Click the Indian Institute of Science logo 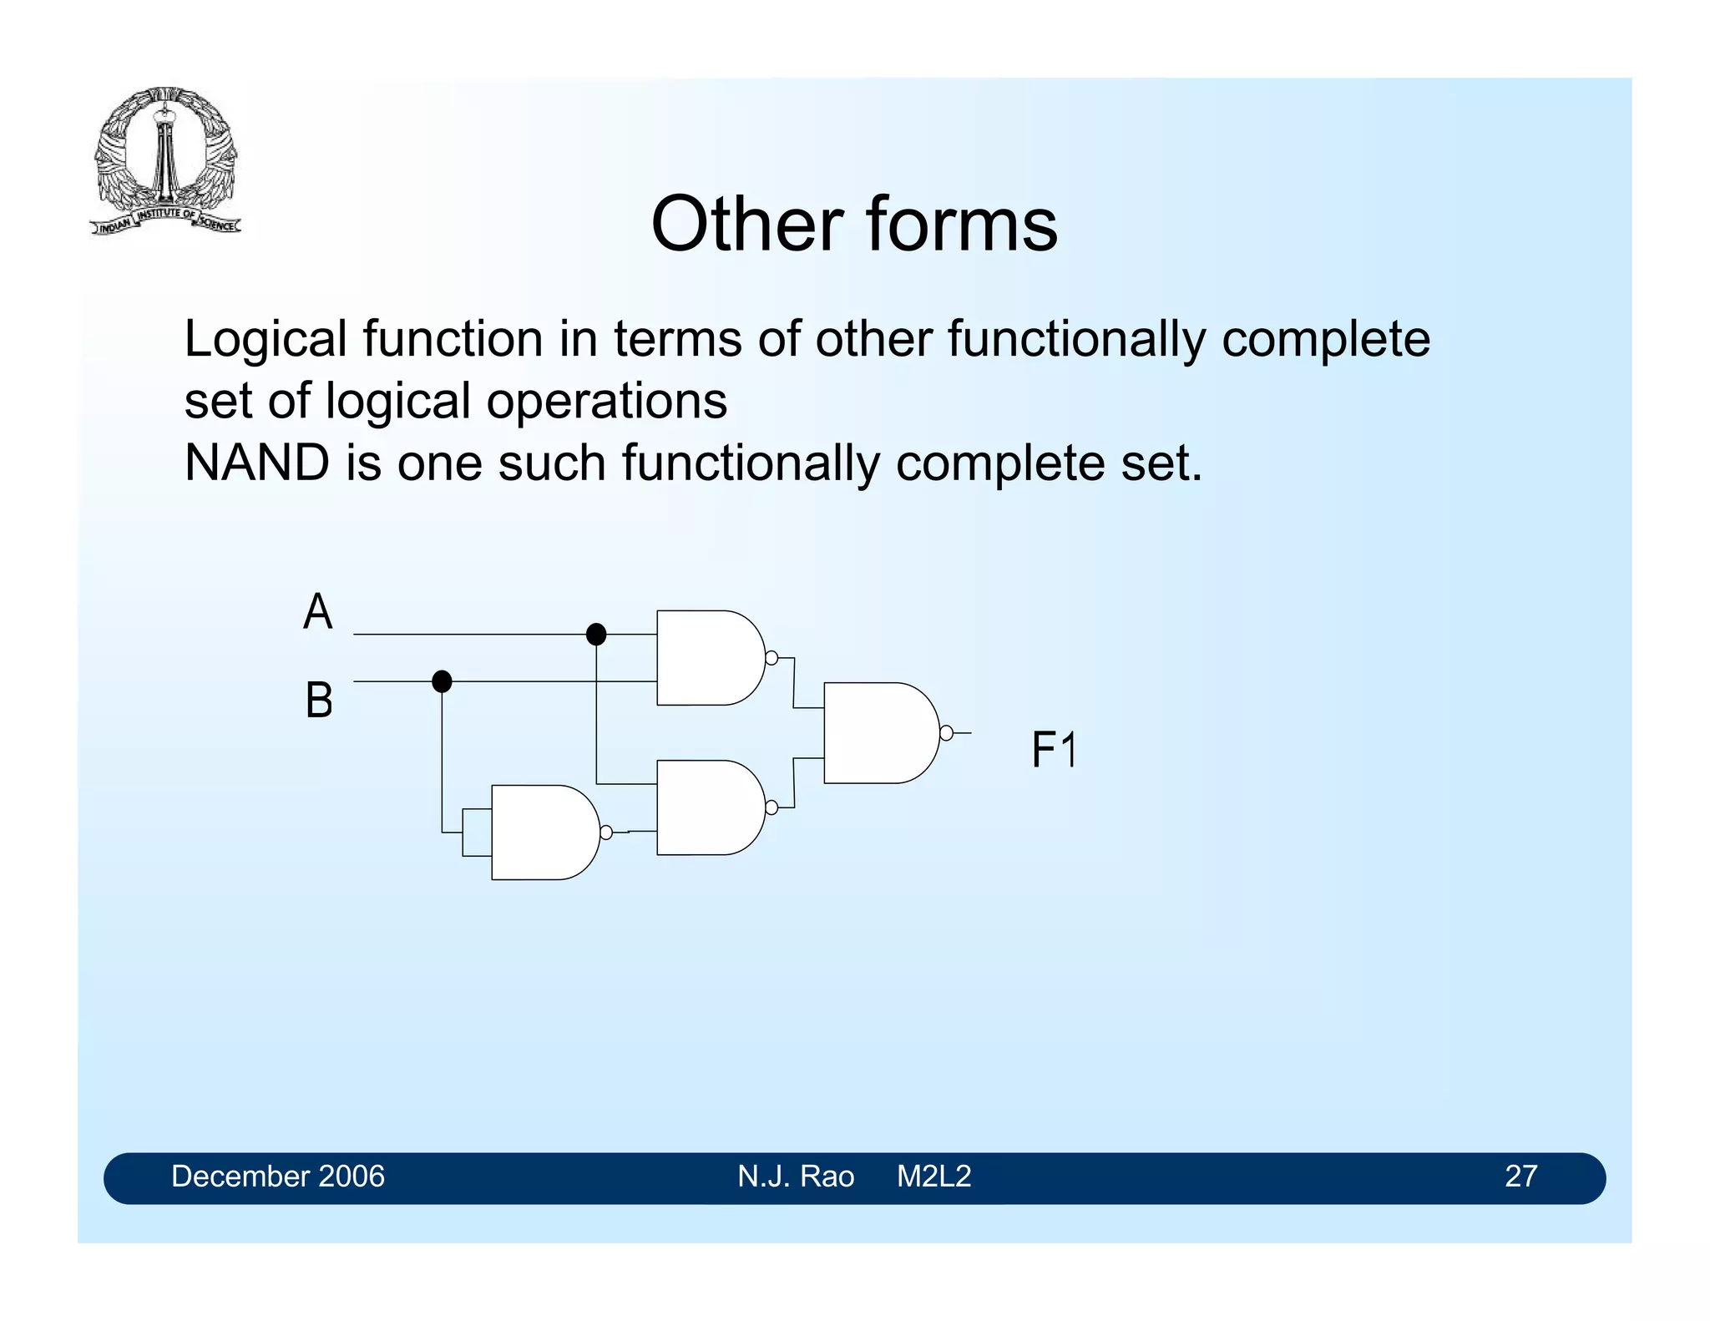pos(164,160)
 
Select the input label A pos(318,612)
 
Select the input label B pos(319,700)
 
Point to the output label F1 pos(1054,749)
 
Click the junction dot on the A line pos(596,635)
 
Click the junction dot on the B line pos(442,682)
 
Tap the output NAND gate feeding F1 pos(877,733)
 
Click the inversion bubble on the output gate pos(946,733)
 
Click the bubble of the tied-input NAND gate pos(606,833)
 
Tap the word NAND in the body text pos(256,463)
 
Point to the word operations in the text pos(607,401)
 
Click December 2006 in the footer pos(278,1177)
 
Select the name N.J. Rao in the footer pos(796,1177)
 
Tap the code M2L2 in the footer pos(933,1177)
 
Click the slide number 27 pos(1520,1177)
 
